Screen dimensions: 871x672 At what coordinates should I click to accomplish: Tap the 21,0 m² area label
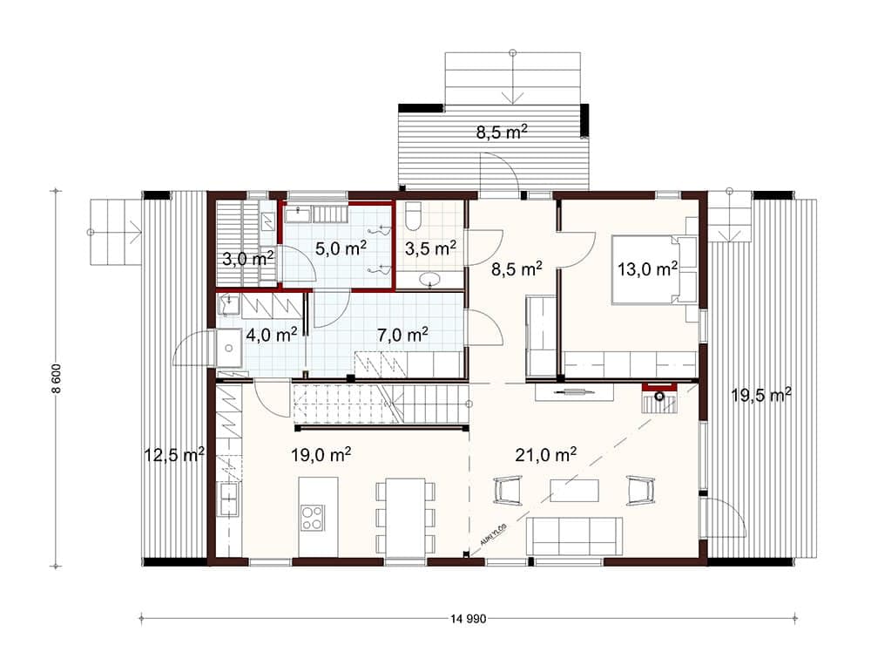545,454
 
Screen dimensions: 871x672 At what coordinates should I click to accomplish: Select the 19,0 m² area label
321,455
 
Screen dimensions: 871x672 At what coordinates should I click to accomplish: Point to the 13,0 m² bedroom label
648,269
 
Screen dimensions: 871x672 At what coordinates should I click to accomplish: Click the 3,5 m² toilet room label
430,248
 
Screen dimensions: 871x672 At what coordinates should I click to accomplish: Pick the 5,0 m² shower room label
341,248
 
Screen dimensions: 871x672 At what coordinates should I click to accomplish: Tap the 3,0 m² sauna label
248,259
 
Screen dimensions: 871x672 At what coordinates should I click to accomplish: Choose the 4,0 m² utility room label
271,335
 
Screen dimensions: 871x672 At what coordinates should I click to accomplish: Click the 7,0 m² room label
402,335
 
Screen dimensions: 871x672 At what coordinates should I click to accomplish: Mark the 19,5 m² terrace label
761,395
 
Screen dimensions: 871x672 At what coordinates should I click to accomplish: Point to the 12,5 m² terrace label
174,455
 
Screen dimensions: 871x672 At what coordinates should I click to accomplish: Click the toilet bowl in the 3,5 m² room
413,216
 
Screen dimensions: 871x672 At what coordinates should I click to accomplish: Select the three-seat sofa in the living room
574,536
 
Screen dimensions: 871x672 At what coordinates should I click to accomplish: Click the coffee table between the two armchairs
574,490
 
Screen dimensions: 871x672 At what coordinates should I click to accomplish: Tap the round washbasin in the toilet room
430,279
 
